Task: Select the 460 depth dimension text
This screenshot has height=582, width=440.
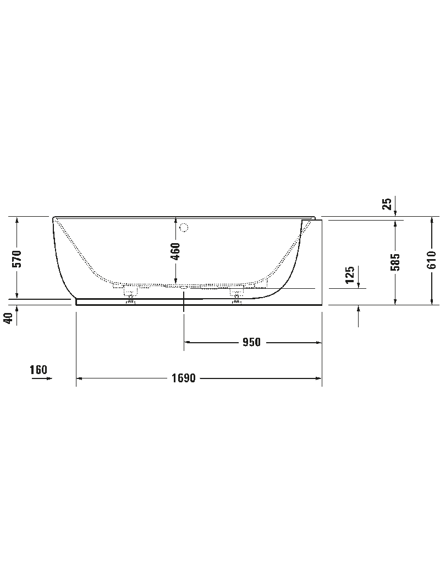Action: coord(175,251)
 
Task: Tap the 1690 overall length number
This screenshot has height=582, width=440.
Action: coord(183,378)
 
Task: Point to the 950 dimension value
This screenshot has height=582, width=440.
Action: coord(251,342)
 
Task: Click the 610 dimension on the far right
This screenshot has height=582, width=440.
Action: coord(431,260)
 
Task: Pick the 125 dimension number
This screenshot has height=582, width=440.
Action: coord(350,274)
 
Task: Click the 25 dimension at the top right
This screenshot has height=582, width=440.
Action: coord(387,204)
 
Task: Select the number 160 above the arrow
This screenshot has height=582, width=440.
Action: coord(38,370)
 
